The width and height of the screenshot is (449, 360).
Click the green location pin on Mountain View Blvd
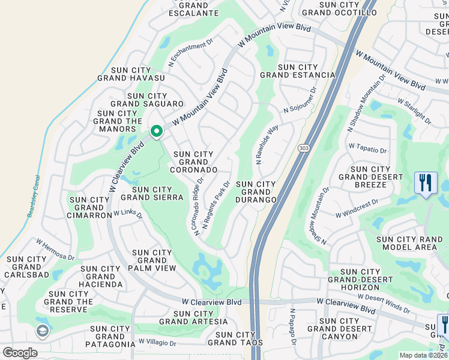(156, 131)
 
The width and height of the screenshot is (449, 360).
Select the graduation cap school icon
(42, 331)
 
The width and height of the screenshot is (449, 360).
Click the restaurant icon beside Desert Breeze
(426, 182)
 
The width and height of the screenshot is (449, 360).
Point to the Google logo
(20, 353)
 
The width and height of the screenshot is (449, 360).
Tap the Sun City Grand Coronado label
(193, 162)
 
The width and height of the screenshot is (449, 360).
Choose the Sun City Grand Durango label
(256, 191)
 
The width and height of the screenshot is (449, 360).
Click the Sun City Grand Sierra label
(152, 193)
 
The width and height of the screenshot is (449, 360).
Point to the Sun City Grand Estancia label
(298, 71)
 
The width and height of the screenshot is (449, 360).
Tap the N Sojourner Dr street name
(300, 100)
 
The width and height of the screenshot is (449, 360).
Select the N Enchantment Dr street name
(191, 53)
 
